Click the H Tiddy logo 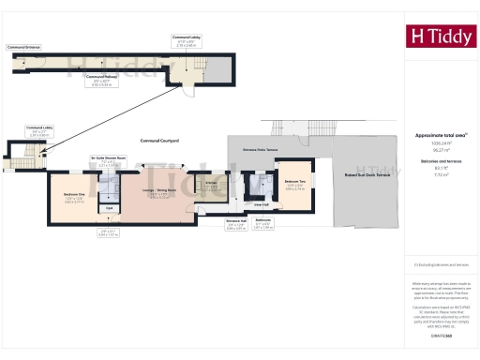pos(437,37)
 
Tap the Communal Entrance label pos(24,46)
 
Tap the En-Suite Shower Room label pos(109,157)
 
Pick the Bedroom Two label pos(295,181)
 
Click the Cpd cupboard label pos(109,208)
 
